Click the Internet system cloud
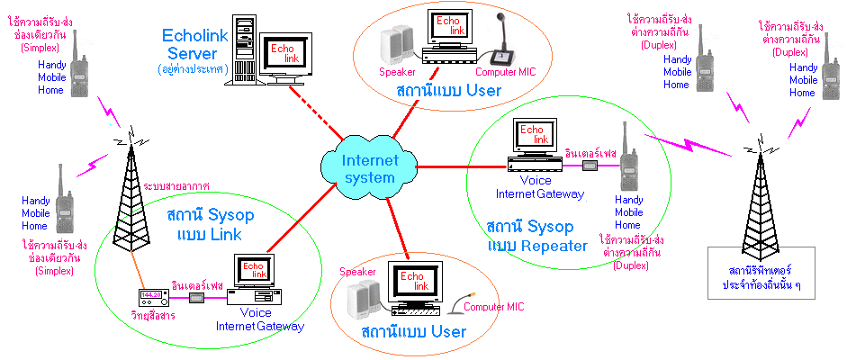[x=357, y=167]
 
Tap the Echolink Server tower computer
[x=242, y=49]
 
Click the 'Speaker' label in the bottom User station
[x=356, y=270]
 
